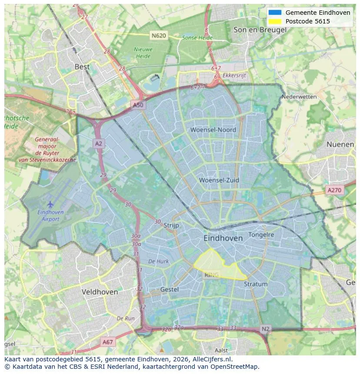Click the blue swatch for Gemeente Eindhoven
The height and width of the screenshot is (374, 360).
tap(275, 13)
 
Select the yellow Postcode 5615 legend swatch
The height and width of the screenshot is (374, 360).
tap(275, 21)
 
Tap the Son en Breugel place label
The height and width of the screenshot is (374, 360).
tap(260, 30)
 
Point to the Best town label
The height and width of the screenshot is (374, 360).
tap(82, 67)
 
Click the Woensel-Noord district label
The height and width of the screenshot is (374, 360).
tap(213, 130)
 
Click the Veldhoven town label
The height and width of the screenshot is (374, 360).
tap(100, 292)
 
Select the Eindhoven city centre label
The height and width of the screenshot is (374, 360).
tap(223, 238)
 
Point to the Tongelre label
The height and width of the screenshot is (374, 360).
tap(261, 235)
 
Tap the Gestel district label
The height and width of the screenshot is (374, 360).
tap(169, 289)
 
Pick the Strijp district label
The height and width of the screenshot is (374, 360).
tap(171, 225)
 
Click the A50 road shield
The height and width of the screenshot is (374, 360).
tap(137, 105)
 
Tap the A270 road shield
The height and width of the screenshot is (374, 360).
tap(334, 190)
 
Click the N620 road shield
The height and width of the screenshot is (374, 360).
tap(159, 35)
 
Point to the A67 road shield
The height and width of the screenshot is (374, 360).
tap(107, 342)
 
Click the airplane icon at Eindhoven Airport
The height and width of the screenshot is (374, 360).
tap(50, 204)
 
